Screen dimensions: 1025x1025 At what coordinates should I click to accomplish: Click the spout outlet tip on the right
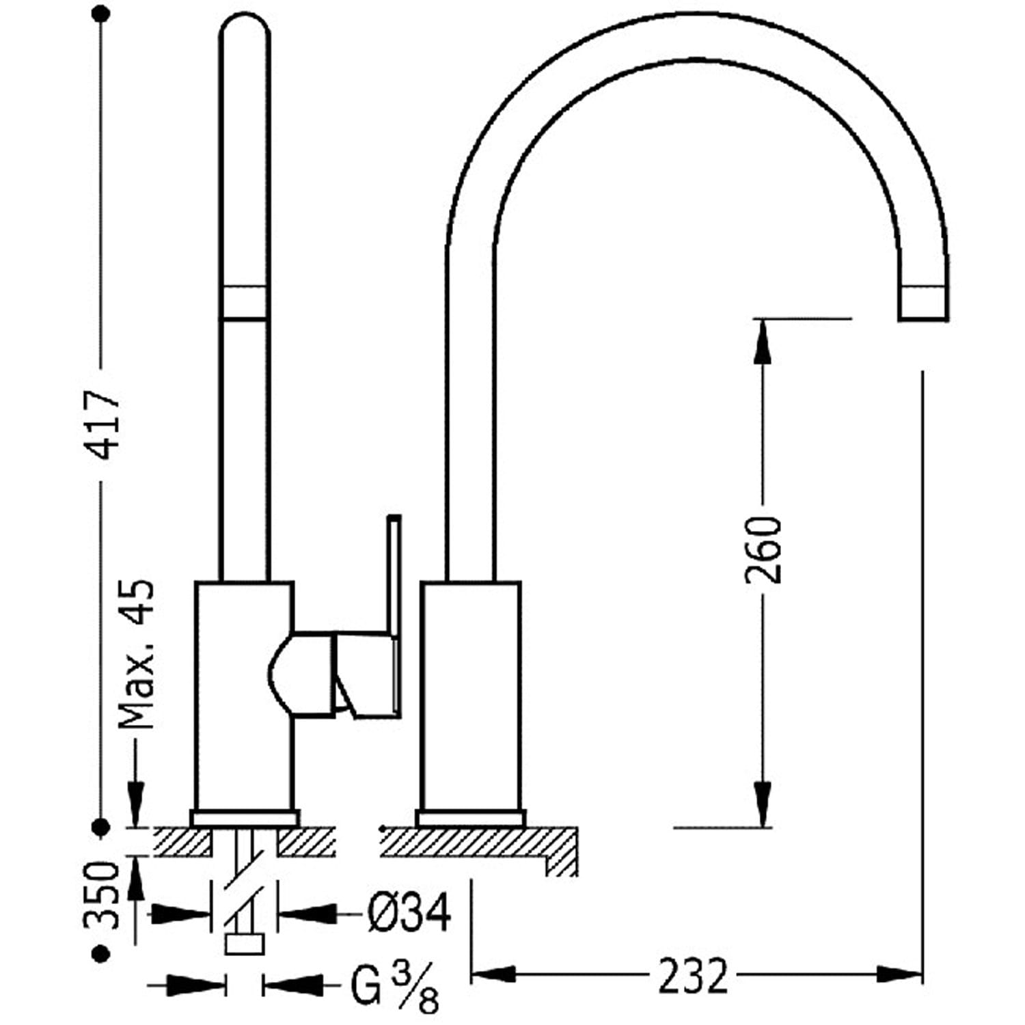coord(922,303)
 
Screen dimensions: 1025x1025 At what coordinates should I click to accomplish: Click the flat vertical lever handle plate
coord(394,577)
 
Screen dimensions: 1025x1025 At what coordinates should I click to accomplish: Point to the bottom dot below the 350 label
coord(102,953)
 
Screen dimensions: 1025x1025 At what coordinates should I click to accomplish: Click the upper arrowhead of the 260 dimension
coord(763,342)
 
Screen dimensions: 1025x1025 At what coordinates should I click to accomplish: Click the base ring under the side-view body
coord(471,818)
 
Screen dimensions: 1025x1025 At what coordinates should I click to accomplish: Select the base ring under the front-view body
coord(245,818)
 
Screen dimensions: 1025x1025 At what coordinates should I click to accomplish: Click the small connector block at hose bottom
coord(244,944)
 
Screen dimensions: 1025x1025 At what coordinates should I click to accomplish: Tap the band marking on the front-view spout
coord(245,303)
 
